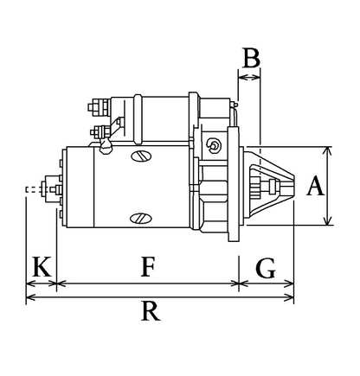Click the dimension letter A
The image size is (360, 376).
(315, 186)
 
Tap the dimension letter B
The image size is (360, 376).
(252, 58)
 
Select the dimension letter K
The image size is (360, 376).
(42, 266)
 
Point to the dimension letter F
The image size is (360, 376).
(148, 267)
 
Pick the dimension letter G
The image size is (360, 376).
(266, 268)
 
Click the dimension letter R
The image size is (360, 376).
(151, 311)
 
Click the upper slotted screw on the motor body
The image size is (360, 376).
(141, 156)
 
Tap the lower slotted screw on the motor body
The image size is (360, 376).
(141, 219)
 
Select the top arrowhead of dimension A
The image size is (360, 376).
(328, 150)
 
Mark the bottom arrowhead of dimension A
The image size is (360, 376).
(328, 220)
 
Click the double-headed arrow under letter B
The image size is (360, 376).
(249, 77)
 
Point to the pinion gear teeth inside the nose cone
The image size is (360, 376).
(256, 187)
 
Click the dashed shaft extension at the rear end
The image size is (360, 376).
(34, 190)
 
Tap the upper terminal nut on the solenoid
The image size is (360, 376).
(99, 107)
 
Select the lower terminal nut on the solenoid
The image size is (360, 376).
(100, 132)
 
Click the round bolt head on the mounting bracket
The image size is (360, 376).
(214, 145)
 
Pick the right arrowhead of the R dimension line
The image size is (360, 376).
(289, 297)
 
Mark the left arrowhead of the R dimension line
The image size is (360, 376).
(31, 297)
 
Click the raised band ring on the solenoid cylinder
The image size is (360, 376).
(138, 119)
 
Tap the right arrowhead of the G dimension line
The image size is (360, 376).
(289, 284)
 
